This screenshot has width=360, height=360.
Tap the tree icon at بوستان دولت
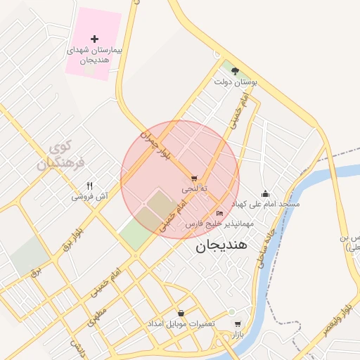235,71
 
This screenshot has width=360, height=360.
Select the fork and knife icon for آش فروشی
89,186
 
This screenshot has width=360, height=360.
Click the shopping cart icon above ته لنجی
194,179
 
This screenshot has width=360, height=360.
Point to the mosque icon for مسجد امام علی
264,193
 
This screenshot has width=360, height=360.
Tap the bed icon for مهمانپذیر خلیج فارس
219,213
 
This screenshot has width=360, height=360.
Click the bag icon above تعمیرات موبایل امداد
181,313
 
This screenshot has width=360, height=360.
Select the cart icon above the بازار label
238,324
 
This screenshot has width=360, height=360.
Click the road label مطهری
96,317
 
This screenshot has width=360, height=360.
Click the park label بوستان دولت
236,82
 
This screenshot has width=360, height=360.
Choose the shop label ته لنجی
195,189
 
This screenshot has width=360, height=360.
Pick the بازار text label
238,335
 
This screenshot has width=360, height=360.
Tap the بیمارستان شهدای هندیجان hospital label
95,56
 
